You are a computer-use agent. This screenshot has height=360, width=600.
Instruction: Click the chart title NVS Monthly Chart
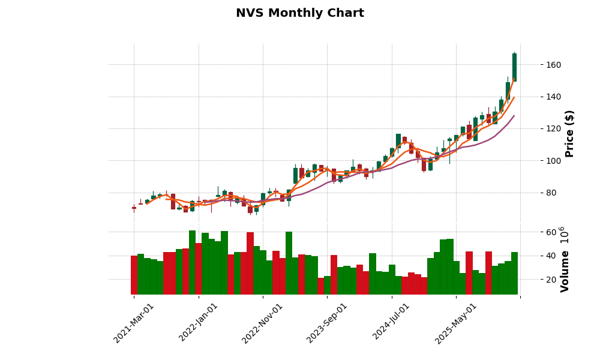coord(299,13)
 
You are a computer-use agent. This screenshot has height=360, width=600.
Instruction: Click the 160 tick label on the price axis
coord(536,65)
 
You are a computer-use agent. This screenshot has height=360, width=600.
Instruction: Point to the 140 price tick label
coord(536,97)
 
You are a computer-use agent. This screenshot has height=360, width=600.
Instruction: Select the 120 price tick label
coord(536,129)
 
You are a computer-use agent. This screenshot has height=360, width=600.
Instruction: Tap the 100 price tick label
coord(536,161)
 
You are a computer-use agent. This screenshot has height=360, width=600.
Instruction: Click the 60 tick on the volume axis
coord(534,232)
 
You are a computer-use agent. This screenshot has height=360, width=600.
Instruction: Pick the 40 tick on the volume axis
coord(534,256)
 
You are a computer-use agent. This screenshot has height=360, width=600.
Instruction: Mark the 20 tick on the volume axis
coord(534,280)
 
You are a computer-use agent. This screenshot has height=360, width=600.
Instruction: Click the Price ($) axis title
coord(569,133)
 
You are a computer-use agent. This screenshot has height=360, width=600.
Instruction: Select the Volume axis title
coord(565,259)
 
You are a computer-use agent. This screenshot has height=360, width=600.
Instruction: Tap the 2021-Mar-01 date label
coord(134,323)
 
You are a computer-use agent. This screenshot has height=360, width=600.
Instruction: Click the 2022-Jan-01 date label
coord(199,323)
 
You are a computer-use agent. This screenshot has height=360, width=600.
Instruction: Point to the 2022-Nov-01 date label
coord(262,323)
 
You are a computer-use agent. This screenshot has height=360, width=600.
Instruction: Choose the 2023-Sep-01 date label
coord(327,323)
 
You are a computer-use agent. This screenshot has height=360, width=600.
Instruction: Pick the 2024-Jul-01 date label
coord(391,323)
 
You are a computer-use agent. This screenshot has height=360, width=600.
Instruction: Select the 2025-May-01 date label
coord(456,323)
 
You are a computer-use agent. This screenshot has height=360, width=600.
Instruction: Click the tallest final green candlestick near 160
coord(514,67)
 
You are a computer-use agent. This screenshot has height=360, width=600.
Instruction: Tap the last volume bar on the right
coord(514,274)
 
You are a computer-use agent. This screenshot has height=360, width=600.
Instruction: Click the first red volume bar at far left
coord(134,275)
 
